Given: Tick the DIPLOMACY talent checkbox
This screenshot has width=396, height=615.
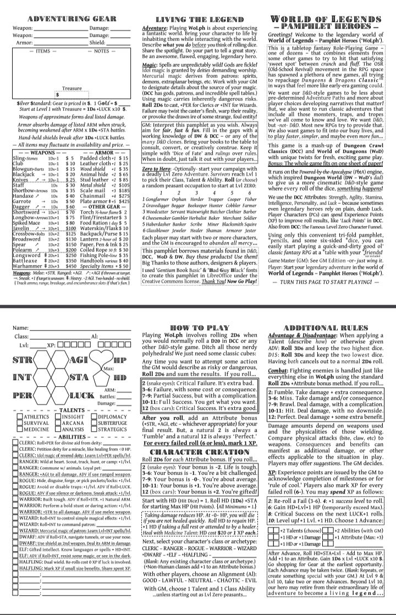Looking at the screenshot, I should point(93,416).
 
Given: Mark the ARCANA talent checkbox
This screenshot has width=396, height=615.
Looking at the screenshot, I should point(57,424).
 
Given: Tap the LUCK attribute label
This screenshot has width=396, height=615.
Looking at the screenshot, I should point(83,395).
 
